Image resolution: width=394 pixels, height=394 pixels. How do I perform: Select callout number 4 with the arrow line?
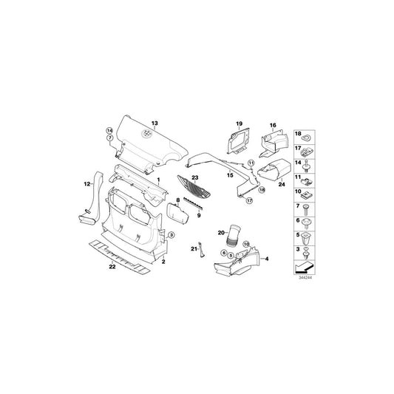click(267, 259)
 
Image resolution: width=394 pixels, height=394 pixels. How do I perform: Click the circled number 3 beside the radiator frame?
click(171, 235)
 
